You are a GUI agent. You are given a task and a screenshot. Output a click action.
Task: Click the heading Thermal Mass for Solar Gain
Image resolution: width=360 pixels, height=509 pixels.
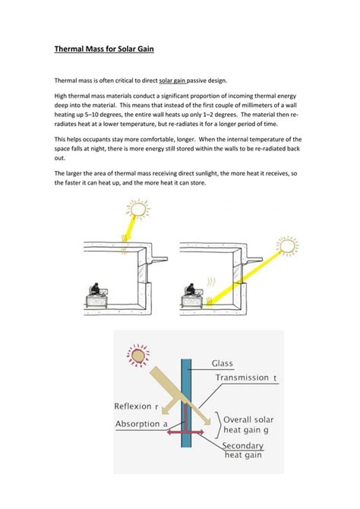point(104,51)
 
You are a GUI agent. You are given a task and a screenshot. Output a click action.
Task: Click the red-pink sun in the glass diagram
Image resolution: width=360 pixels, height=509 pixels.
point(139,356)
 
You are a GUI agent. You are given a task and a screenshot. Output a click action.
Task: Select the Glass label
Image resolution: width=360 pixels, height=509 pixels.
point(226,363)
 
